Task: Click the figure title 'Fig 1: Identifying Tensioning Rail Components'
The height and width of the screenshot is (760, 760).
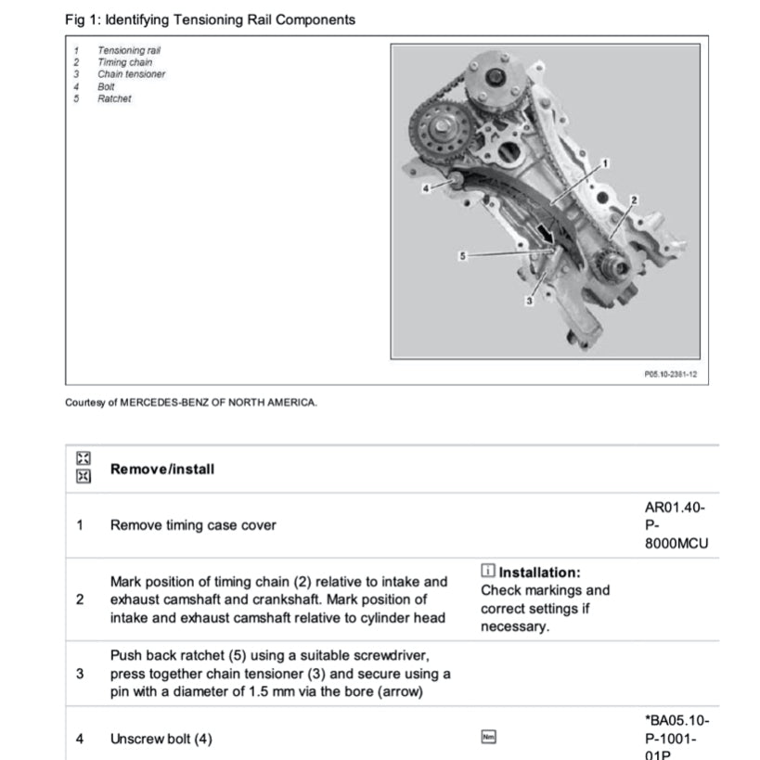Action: pos(210,19)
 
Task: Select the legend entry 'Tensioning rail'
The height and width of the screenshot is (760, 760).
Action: pos(135,50)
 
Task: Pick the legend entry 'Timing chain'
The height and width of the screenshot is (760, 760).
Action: pos(125,62)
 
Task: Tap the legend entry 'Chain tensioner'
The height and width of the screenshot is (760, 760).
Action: pos(131,74)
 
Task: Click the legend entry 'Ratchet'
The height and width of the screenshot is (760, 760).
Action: pos(114,98)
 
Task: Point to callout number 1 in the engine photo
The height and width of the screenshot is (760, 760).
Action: pos(606,161)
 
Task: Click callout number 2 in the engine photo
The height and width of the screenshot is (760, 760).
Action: pos(635,200)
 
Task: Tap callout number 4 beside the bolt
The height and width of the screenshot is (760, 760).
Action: pos(427,188)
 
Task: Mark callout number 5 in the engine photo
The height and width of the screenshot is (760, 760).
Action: pos(462,253)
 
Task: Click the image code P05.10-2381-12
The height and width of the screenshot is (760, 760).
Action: pos(669,375)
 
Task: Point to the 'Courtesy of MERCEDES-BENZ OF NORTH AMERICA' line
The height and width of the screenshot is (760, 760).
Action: pos(191,403)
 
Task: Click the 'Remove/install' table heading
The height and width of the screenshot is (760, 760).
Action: pos(161,469)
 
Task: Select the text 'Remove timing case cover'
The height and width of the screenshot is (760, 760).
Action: pos(193,525)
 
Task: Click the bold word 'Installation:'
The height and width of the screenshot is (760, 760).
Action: pos(539,573)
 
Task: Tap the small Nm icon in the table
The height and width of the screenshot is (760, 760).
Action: pos(488,738)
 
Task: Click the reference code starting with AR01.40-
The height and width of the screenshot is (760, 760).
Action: pos(676,525)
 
